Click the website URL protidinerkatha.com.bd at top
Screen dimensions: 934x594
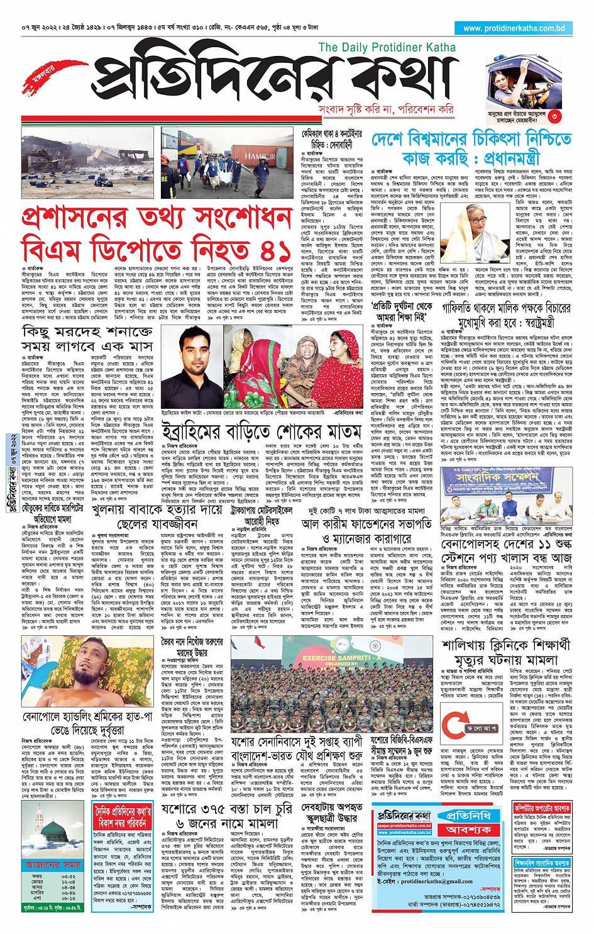(514, 28)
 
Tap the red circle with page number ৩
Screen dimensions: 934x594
(554, 116)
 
